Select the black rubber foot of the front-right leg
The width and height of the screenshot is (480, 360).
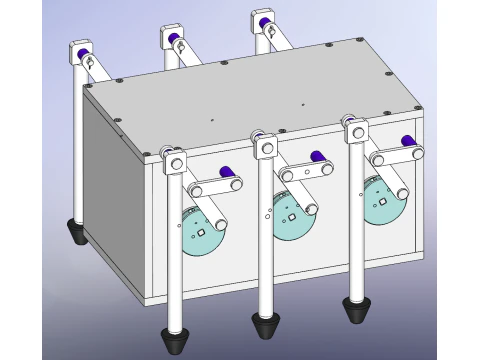point(355,310)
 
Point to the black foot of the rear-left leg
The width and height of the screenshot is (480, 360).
point(75,232)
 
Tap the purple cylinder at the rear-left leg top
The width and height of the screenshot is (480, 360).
point(87,48)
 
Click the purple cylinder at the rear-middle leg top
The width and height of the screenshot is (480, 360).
point(177,40)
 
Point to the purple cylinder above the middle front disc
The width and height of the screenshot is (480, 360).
point(316,156)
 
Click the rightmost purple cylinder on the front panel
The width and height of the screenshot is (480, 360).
point(406,141)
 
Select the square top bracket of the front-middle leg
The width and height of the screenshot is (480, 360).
point(266,148)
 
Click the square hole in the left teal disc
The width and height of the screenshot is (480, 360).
point(202,233)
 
